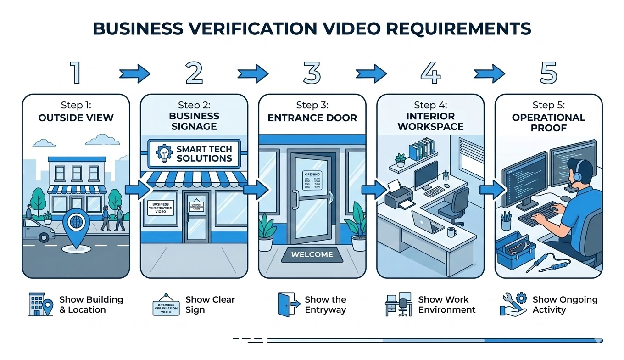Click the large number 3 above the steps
312,73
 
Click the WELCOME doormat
312,254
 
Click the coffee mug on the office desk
452,231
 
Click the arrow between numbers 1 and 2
134,73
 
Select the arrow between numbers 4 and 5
489,73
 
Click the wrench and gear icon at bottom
513,304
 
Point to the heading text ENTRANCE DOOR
312,118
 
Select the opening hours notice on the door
312,181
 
